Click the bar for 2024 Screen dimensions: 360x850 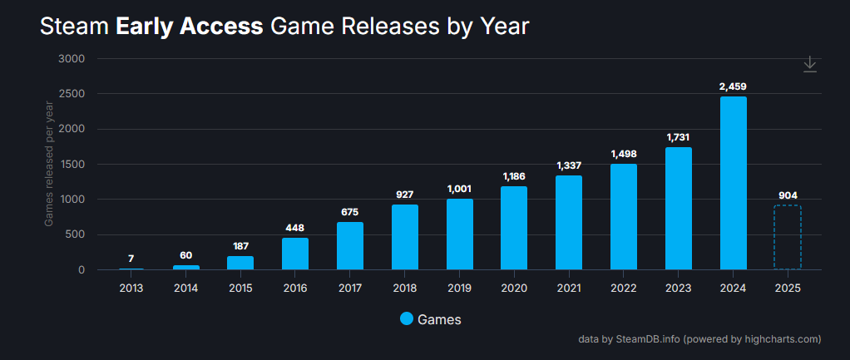pyautogui.click(x=733, y=183)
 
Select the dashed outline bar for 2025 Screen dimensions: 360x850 pyautogui.click(x=787, y=237)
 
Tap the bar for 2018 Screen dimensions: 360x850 pyautogui.click(x=404, y=237)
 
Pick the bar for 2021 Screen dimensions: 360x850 pyautogui.click(x=569, y=222)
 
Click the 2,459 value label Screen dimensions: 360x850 pyautogui.click(x=733, y=86)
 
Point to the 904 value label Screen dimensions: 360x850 pyautogui.click(x=788, y=195)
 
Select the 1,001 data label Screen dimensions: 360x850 pyautogui.click(x=459, y=189)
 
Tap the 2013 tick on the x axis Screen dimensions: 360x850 pyautogui.click(x=131, y=288)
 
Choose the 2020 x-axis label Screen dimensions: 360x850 pyautogui.click(x=514, y=288)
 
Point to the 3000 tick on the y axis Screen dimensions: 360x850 pyautogui.click(x=72, y=59)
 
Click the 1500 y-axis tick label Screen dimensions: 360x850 pyautogui.click(x=72, y=165)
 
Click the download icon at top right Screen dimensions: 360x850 pyautogui.click(x=810, y=65)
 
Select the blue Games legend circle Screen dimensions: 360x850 pyautogui.click(x=406, y=319)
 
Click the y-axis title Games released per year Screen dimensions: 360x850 pyautogui.click(x=49, y=163)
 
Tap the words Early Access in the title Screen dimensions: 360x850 pyautogui.click(x=190, y=27)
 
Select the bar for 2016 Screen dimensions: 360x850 pyautogui.click(x=295, y=254)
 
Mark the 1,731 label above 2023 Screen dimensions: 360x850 pyautogui.click(x=678, y=137)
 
